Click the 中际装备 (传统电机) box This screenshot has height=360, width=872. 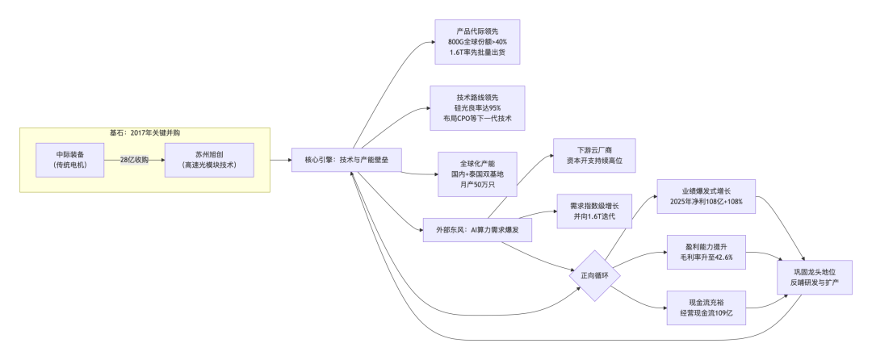[71, 160]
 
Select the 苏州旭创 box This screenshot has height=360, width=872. [208, 160]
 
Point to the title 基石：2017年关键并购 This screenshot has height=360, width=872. [145, 132]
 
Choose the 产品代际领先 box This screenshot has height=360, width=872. [476, 41]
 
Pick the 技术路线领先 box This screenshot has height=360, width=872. [478, 107]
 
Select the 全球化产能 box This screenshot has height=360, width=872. [476, 174]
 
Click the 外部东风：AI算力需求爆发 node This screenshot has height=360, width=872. [477, 230]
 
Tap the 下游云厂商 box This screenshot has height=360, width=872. [594, 156]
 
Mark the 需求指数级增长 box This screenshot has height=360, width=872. [594, 211]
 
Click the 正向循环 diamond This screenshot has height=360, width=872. [594, 275]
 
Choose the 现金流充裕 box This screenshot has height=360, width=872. [705, 307]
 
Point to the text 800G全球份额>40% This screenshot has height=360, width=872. [477, 42]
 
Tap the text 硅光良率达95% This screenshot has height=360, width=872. [478, 107]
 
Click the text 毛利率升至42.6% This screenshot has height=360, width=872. [705, 257]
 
